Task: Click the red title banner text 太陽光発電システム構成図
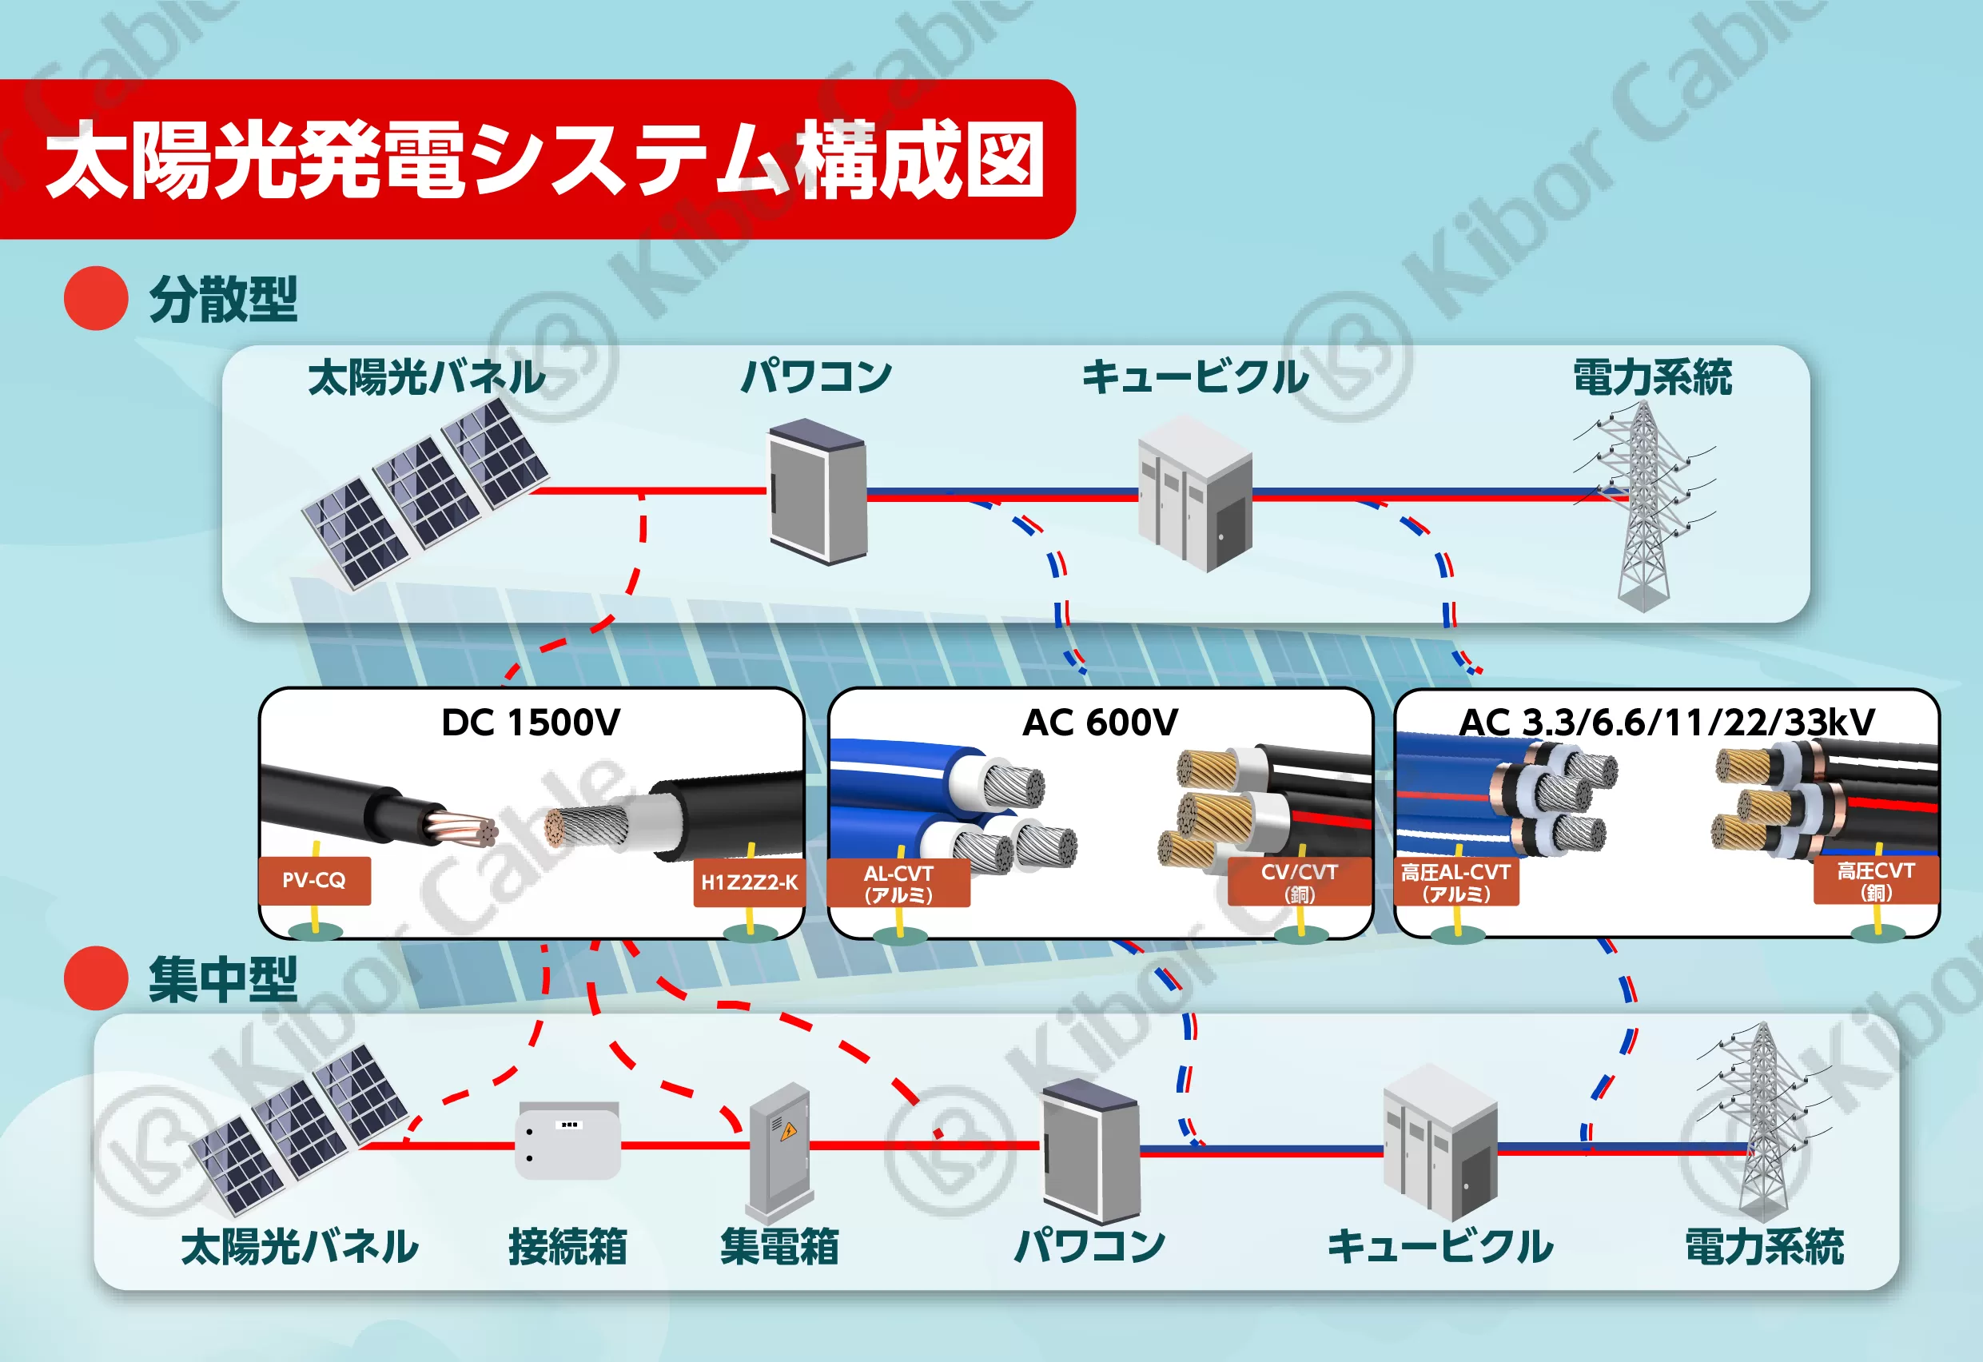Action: click(x=544, y=160)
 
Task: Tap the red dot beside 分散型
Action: click(x=97, y=299)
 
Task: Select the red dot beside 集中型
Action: click(x=97, y=978)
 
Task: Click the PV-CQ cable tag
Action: click(x=314, y=881)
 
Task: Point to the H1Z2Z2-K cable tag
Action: click(x=749, y=882)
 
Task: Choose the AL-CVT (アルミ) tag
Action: click(x=898, y=883)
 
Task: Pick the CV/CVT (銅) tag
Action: click(x=1300, y=882)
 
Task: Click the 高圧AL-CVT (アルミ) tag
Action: click(x=1455, y=882)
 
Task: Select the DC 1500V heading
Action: click(x=531, y=723)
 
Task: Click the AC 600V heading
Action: click(x=1100, y=723)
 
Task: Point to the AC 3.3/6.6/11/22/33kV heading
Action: click(x=1666, y=723)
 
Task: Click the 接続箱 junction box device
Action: click(x=568, y=1141)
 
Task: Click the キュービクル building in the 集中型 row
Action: click(x=1440, y=1142)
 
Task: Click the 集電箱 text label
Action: click(x=779, y=1246)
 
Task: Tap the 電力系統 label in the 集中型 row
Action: click(x=1764, y=1246)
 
